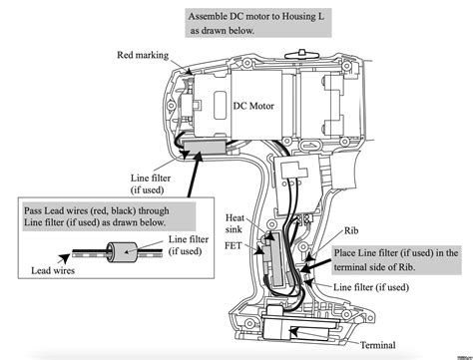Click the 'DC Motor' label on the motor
[253, 106]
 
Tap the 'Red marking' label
[143, 55]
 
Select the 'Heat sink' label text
[235, 223]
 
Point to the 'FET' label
[234, 245]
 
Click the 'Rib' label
[351, 230]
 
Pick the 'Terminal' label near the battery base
[378, 345]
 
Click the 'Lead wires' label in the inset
[53, 270]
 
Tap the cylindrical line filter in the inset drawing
[122, 252]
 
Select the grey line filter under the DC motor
[204, 147]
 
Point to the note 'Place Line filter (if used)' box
[396, 260]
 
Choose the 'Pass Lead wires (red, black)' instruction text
[97, 216]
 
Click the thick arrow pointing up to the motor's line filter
[195, 175]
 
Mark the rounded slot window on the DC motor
[221, 105]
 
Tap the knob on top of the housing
[301, 53]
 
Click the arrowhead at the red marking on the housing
[189, 72]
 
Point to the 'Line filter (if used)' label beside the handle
[371, 287]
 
